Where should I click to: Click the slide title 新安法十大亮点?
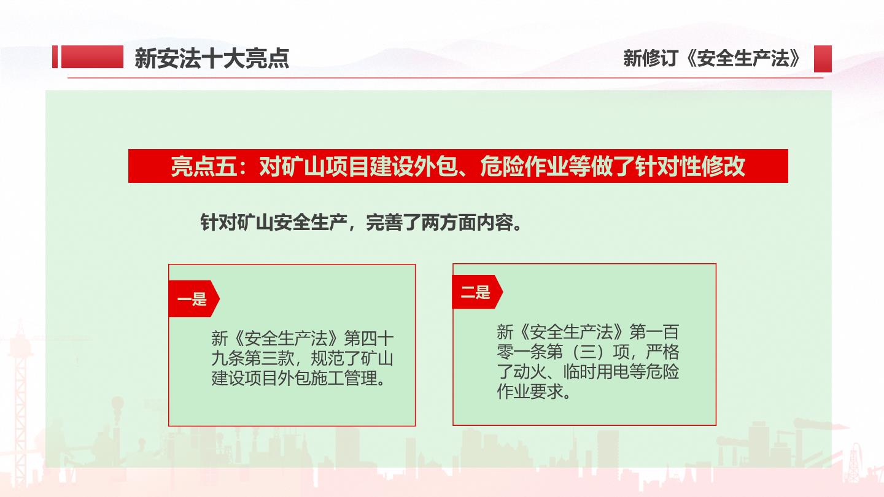point(212,59)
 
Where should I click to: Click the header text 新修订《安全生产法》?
point(712,58)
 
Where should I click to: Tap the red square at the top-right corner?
point(823,59)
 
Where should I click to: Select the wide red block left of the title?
point(92,57)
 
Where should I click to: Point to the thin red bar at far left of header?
point(55,57)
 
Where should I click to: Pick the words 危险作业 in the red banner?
point(524,166)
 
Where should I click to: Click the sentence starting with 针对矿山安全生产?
point(361,223)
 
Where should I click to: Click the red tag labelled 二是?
point(477,292)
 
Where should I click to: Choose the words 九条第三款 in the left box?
point(252,358)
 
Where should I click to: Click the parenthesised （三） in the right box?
point(587,352)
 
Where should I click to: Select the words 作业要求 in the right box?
point(530,391)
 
